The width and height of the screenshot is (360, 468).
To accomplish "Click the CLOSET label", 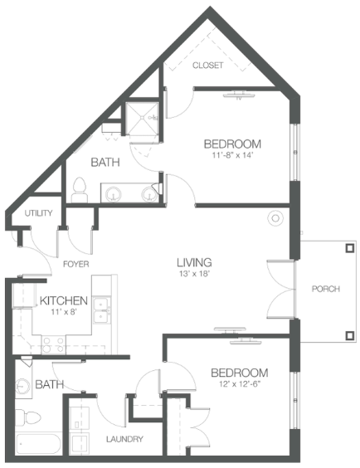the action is click(x=207, y=65).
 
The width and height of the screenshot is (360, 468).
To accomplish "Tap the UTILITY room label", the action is click(x=38, y=213).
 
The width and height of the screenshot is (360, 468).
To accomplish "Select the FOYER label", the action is click(x=76, y=264).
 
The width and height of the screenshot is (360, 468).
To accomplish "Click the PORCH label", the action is click(x=326, y=289).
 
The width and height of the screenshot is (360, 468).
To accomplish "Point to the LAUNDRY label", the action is click(x=124, y=439).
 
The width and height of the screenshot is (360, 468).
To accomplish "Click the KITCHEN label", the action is click(x=64, y=300).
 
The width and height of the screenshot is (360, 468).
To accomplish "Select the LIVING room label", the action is click(x=194, y=262).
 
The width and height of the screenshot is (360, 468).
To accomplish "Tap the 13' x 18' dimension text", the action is click(x=195, y=274).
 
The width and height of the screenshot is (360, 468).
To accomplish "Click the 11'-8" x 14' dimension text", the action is click(x=232, y=155).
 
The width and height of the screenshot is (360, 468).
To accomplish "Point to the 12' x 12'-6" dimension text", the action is click(x=240, y=384).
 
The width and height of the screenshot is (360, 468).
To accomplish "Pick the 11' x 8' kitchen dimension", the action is click(x=64, y=312).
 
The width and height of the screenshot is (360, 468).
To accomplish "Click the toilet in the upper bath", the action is click(x=80, y=190).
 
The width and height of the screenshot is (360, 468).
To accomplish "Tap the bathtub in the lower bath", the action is click(x=38, y=444).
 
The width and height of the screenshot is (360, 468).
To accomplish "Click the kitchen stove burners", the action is click(x=52, y=344).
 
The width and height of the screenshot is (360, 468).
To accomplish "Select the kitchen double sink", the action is click(x=102, y=310).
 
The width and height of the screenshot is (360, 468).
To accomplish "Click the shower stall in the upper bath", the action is click(x=142, y=118).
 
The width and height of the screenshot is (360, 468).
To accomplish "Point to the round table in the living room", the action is click(x=275, y=218).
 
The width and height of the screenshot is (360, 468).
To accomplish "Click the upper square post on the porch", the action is click(x=350, y=248).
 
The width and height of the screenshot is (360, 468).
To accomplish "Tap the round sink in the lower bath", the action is click(x=22, y=386).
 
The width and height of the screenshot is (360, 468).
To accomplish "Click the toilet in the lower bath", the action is click(x=27, y=417).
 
